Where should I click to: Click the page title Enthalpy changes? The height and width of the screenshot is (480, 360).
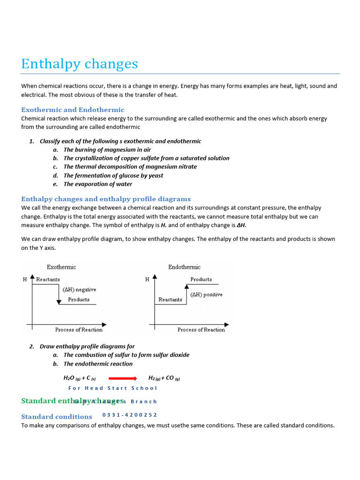coord(80,64)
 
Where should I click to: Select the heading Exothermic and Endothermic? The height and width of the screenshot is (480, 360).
coord(73,110)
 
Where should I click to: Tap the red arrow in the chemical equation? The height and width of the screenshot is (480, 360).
coord(122,378)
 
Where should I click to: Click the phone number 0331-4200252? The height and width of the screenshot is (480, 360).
coord(130,415)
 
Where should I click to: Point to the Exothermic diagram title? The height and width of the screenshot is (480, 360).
coord(61,267)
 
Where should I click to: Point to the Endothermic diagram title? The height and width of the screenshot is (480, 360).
coord(184,267)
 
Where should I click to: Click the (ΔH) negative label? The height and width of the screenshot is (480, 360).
coord(79,290)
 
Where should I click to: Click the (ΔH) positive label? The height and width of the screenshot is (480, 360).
coord(206,295)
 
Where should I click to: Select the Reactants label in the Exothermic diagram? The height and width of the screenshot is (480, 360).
coord(48,279)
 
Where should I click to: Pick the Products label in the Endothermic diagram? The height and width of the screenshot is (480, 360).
coord(201,279)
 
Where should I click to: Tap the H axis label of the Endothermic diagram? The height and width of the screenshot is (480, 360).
coord(147,280)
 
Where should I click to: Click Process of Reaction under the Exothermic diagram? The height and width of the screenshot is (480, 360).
coord(79,330)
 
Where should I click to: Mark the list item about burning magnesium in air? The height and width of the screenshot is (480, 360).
coord(107,150)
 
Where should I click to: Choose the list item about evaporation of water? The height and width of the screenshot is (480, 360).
coord(98,184)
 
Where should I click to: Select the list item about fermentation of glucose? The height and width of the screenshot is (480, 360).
coord(113,176)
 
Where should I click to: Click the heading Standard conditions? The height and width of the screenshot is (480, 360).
coord(57,417)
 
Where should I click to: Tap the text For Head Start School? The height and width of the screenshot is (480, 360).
coord(112,388)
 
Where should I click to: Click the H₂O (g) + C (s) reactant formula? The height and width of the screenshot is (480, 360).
coord(80,378)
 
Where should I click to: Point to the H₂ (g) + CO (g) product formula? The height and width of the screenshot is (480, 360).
coord(164,378)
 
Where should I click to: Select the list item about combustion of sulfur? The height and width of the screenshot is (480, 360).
coord(127,355)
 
